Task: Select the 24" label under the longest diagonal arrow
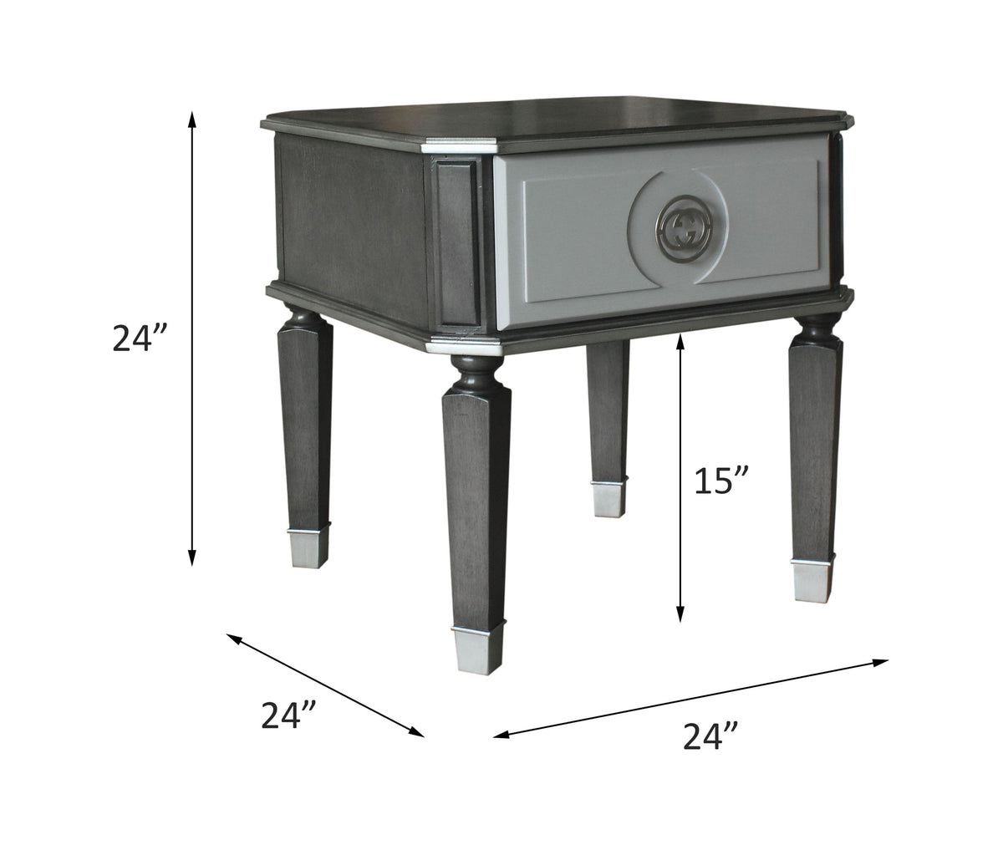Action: click(710, 736)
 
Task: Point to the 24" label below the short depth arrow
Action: click(288, 715)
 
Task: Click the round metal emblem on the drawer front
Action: click(679, 224)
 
